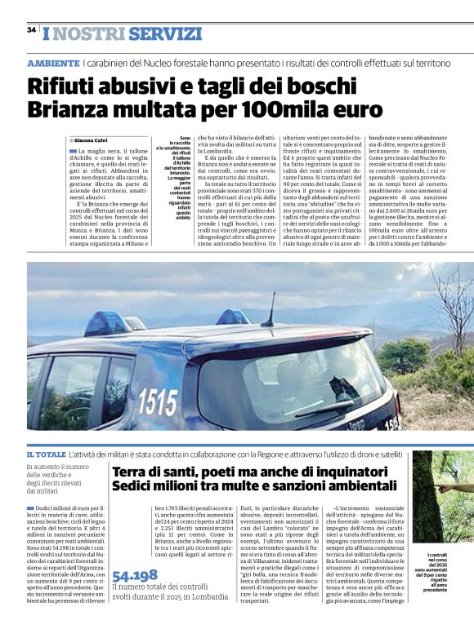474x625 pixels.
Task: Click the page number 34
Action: [x=31, y=30]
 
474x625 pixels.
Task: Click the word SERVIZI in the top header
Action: [x=164, y=33]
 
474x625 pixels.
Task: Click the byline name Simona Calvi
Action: [x=98, y=140]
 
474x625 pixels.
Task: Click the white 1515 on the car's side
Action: [x=158, y=401]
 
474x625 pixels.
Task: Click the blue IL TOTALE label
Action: [x=46, y=453]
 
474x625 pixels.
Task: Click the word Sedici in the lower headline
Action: [x=132, y=487]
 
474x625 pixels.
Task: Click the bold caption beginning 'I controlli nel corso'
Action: [x=453, y=571]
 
